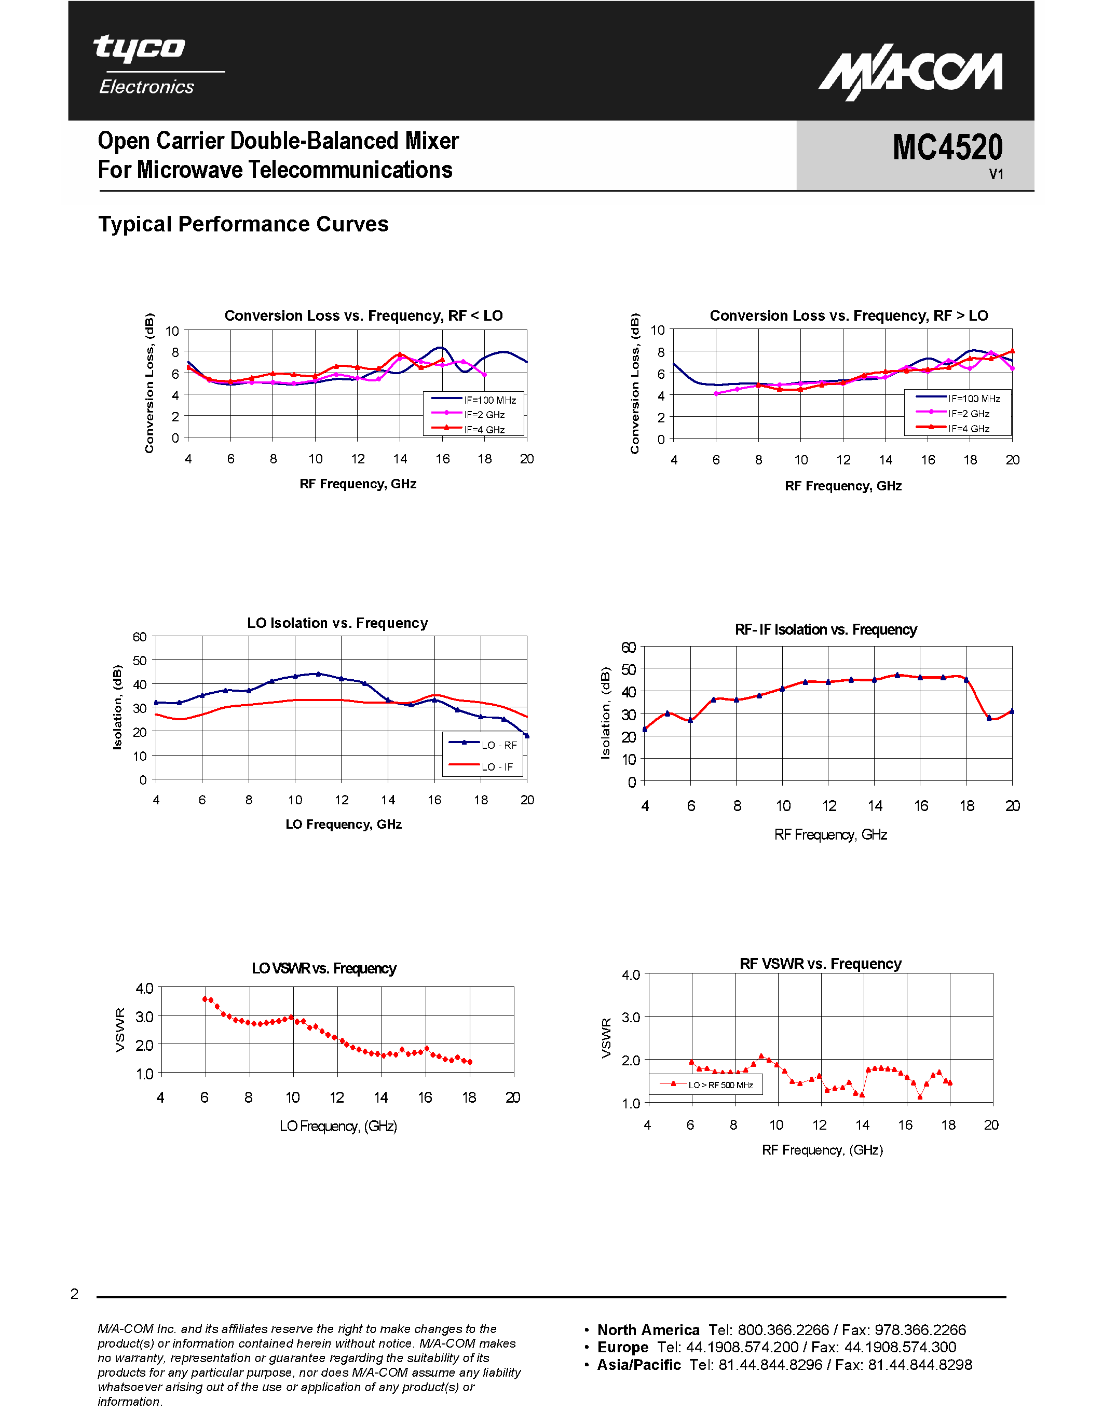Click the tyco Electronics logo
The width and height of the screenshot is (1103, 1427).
pyautogui.click(x=146, y=65)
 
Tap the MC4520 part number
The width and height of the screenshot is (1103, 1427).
pyautogui.click(x=947, y=148)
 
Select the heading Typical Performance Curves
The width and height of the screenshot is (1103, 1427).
pyautogui.click(x=243, y=224)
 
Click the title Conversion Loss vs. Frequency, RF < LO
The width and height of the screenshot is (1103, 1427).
pyautogui.click(x=363, y=315)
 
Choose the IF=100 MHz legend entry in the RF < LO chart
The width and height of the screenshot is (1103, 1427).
pyautogui.click(x=489, y=400)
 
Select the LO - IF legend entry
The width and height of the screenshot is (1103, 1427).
pyautogui.click(x=497, y=766)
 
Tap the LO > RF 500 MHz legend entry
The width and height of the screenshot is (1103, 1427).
pyautogui.click(x=720, y=1085)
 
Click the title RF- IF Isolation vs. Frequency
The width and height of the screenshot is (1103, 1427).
pyautogui.click(x=825, y=629)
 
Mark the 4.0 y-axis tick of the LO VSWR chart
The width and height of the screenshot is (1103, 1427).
pyautogui.click(x=144, y=988)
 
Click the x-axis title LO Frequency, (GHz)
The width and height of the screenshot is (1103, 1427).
pyautogui.click(x=338, y=1126)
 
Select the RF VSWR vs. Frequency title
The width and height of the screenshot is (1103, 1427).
pyautogui.click(x=820, y=964)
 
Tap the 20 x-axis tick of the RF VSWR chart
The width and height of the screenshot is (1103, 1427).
pyautogui.click(x=990, y=1124)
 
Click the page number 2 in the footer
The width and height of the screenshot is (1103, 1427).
pyautogui.click(x=75, y=1294)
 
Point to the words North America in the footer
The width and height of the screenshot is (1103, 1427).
pyautogui.click(x=648, y=1329)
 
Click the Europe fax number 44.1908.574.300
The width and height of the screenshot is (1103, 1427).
pyautogui.click(x=900, y=1347)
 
